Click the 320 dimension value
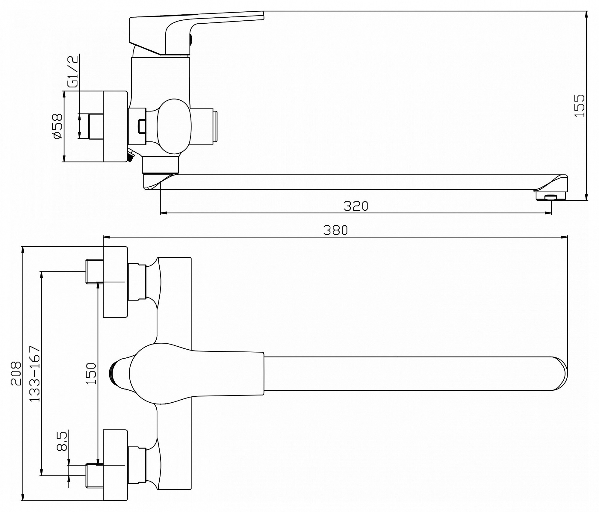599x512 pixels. [356, 206]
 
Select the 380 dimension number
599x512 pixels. [336, 230]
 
